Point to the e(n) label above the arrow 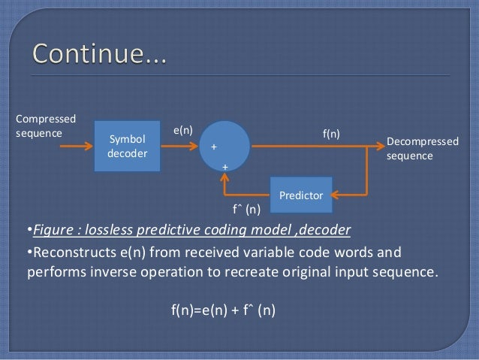tap(183, 129)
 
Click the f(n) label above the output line tap(331, 134)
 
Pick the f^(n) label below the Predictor tap(247, 209)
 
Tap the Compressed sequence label tap(46, 126)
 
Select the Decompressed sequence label tap(420, 148)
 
